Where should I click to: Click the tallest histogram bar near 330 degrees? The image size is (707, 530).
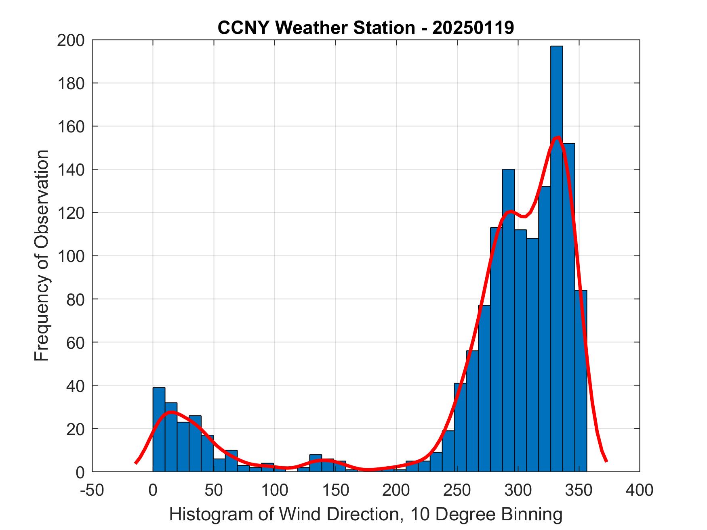[x=556, y=258]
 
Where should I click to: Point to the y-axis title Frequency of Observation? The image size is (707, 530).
[x=42, y=256]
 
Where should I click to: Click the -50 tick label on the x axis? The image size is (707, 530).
[x=93, y=490]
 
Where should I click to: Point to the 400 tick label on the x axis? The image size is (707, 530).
[x=640, y=490]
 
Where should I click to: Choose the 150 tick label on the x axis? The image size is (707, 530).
[x=336, y=490]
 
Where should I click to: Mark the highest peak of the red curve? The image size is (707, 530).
[x=558, y=138]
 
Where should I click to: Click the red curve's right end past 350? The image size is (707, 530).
[x=606, y=461]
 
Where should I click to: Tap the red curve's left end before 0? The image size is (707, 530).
[x=136, y=463]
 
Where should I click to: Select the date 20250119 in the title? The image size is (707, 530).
[x=473, y=28]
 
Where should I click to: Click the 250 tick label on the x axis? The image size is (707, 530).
[x=457, y=490]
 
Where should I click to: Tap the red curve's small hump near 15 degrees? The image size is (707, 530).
[x=171, y=412]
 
